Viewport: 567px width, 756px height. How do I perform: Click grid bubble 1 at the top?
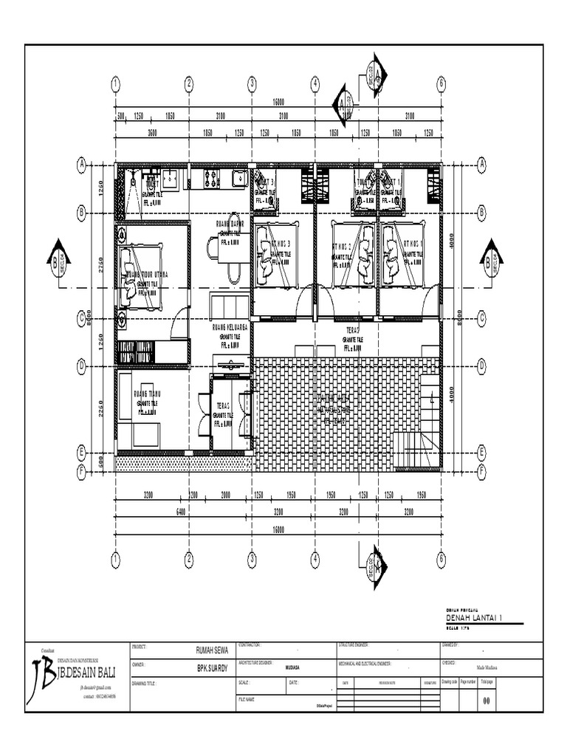pyautogui.click(x=116, y=83)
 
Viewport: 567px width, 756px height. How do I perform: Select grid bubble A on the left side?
pyautogui.click(x=81, y=165)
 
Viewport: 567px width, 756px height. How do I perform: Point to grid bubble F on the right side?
pyautogui.click(x=482, y=469)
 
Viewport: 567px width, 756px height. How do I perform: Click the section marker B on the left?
pyautogui.click(x=57, y=259)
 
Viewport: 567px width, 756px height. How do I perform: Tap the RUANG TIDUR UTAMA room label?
pyautogui.click(x=147, y=274)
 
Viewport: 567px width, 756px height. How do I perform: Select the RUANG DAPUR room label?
pyautogui.click(x=230, y=223)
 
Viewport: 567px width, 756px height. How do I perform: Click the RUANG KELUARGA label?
pyautogui.click(x=230, y=326)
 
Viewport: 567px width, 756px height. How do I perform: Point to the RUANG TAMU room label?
pyautogui.click(x=149, y=385)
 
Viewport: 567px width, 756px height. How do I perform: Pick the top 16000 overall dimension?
pyautogui.click(x=279, y=102)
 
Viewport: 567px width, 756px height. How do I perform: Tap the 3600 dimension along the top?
pyautogui.click(x=152, y=133)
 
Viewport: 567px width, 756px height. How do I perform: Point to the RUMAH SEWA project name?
pyautogui.click(x=210, y=650)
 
